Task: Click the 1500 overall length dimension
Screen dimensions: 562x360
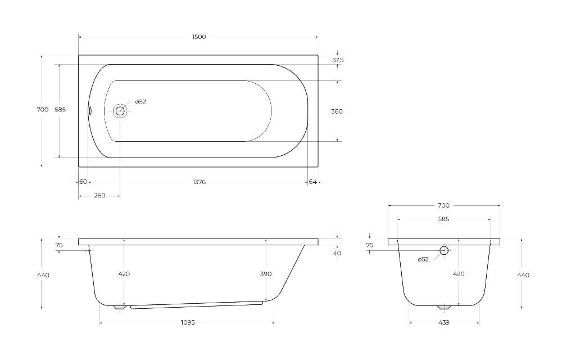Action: [199, 37]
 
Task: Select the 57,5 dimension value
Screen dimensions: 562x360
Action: [338, 60]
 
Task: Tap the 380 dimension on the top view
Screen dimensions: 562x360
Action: [337, 111]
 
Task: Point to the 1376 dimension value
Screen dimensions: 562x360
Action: [200, 182]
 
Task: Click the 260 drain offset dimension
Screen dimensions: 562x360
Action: [99, 195]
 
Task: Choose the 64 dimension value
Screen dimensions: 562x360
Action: [313, 182]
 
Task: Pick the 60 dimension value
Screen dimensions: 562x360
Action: [83, 182]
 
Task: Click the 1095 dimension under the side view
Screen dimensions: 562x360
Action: [188, 322]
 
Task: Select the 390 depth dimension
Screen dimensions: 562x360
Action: [266, 274]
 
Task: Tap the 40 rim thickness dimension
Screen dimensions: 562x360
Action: [337, 253]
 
